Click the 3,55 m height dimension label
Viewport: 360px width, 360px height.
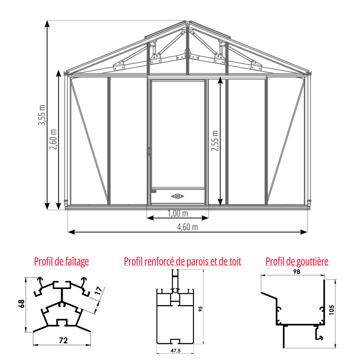[42, 115]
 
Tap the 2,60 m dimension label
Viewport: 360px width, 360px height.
[53, 139]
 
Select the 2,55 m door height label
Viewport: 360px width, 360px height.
[215, 141]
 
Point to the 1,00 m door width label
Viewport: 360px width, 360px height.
[178, 213]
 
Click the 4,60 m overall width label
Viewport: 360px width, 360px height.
[187, 227]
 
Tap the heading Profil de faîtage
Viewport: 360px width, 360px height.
[62, 261]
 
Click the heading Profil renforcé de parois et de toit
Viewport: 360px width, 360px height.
[183, 261]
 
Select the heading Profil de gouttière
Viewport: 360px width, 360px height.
[297, 261]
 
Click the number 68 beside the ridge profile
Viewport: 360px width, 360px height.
[22, 304]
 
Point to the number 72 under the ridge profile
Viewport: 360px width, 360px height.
[63, 340]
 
